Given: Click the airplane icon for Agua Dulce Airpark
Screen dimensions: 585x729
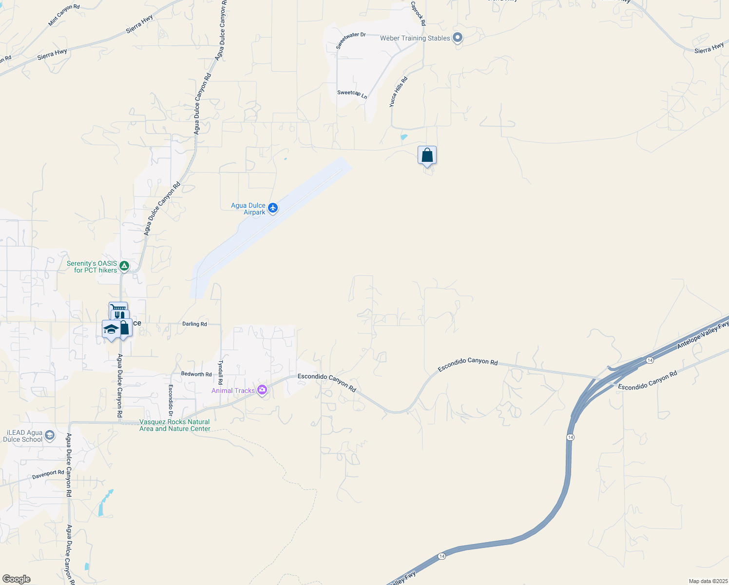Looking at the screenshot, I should point(273,208).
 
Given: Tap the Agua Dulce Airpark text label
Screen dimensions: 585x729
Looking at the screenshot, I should point(249,209).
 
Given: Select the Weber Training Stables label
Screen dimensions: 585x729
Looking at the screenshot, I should point(415,38).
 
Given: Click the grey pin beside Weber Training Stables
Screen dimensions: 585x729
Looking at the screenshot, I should point(457,38).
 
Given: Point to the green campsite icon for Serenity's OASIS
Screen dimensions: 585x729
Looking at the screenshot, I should point(124,266).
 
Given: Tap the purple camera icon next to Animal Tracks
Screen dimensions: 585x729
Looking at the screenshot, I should point(262,390).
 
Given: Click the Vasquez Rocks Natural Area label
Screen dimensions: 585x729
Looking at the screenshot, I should point(175,425).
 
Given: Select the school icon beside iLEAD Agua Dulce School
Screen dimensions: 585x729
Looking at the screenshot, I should point(50,435).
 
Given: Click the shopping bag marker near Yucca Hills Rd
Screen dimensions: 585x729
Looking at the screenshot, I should point(427,156).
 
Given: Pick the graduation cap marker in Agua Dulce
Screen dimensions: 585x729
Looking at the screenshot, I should point(111,329).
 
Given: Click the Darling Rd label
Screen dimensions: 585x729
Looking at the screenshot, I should point(194,324).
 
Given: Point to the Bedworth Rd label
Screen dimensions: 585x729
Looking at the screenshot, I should point(196,374).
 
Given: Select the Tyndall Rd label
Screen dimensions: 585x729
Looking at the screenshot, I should point(220,372).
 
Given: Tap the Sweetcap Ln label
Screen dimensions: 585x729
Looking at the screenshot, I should point(352,94).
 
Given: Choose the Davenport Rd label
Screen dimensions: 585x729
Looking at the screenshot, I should point(48,474).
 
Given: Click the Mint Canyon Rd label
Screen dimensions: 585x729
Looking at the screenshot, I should point(64,15).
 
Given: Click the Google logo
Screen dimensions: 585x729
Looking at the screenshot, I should point(17,579).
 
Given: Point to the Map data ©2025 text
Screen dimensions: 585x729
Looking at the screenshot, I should point(708,581).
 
